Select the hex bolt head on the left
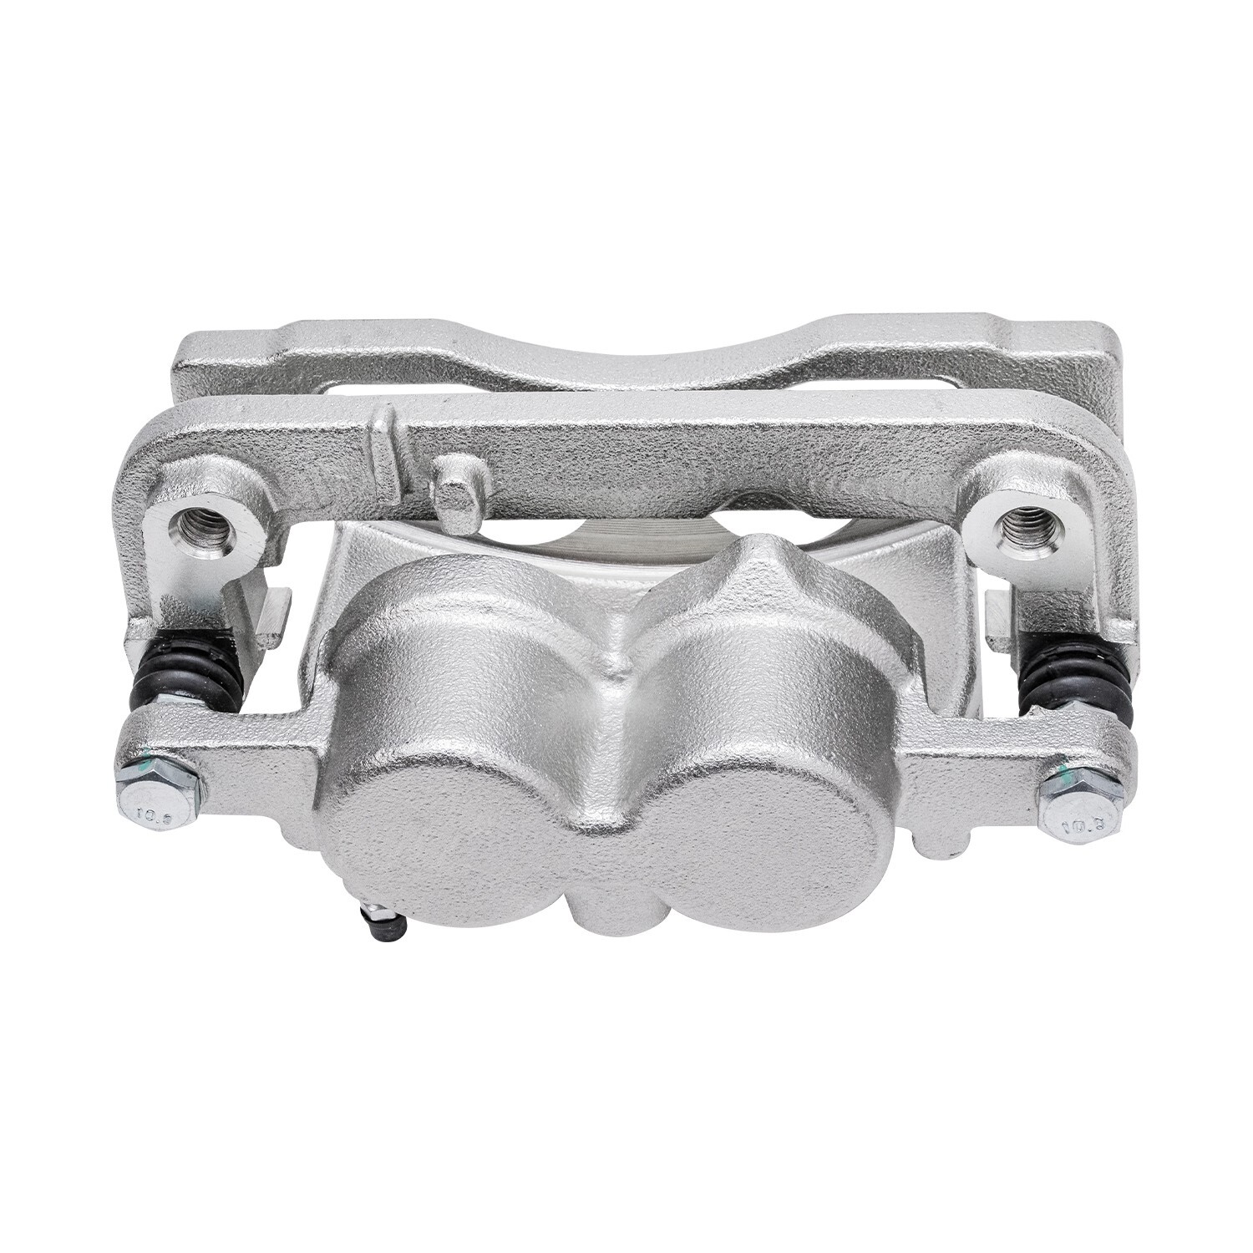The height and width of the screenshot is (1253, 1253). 156,790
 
